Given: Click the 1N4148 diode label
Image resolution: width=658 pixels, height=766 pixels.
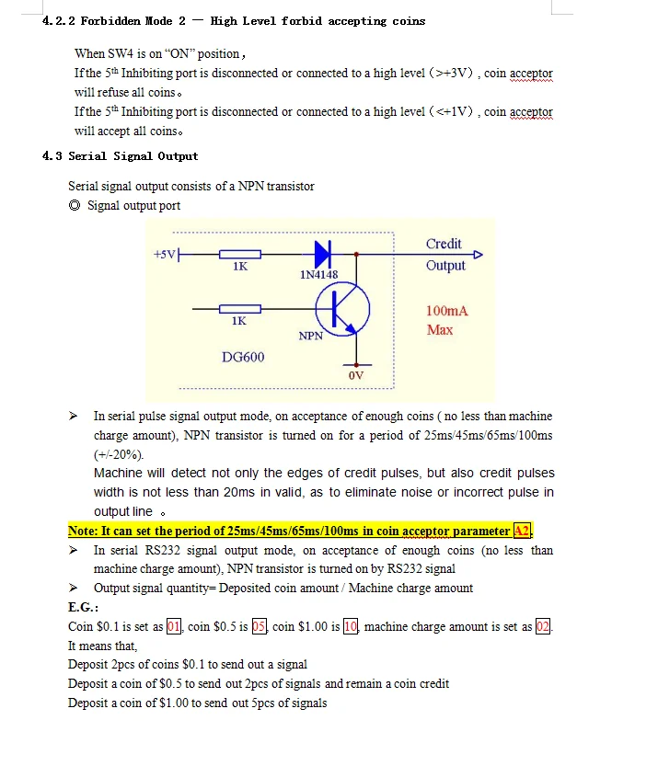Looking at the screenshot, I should (318, 274).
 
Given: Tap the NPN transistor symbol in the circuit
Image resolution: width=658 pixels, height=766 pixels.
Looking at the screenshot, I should (342, 310).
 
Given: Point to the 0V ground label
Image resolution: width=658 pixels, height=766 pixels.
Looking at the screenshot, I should (356, 376).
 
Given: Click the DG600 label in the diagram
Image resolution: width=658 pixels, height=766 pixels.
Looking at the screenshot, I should (243, 357).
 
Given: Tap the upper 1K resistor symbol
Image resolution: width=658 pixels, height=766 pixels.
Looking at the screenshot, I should (239, 254).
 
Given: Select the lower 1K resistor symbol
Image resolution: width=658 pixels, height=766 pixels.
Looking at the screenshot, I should (239, 309).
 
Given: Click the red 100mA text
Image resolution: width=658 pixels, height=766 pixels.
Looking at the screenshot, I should (447, 311).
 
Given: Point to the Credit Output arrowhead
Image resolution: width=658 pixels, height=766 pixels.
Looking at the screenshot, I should (478, 255).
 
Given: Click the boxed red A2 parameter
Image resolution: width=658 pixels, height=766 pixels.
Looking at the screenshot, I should (522, 531).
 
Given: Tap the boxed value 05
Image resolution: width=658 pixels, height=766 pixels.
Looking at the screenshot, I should (260, 627).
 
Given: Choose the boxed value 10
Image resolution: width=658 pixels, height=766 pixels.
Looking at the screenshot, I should (351, 627).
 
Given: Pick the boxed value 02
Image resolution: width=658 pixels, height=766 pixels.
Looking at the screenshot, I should (544, 627).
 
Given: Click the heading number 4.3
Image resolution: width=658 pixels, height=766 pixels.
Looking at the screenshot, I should (52, 156).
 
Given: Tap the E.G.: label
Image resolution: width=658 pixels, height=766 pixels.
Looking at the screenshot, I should (83, 608).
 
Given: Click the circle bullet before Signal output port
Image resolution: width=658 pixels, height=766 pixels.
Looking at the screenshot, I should (75, 206).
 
